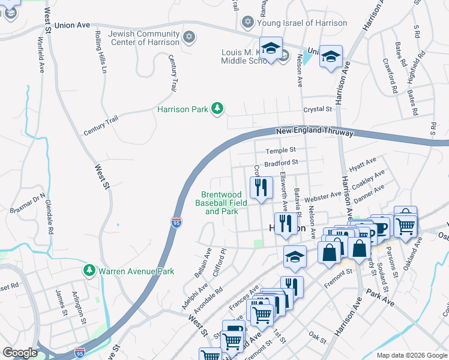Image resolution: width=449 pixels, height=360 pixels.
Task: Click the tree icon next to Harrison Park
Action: click(x=217, y=109)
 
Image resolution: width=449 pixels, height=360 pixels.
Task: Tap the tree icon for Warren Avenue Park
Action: click(x=89, y=271)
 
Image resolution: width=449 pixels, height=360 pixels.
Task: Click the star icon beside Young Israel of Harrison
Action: click(x=247, y=23)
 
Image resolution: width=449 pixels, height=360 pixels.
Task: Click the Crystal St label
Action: click(x=318, y=109)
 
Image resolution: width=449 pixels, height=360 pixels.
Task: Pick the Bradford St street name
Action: click(x=281, y=163)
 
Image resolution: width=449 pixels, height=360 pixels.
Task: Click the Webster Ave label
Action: click(x=322, y=197)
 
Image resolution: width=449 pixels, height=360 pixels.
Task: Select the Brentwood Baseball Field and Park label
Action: click(x=221, y=203)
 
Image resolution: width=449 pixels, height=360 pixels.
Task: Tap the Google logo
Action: click(x=20, y=353)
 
